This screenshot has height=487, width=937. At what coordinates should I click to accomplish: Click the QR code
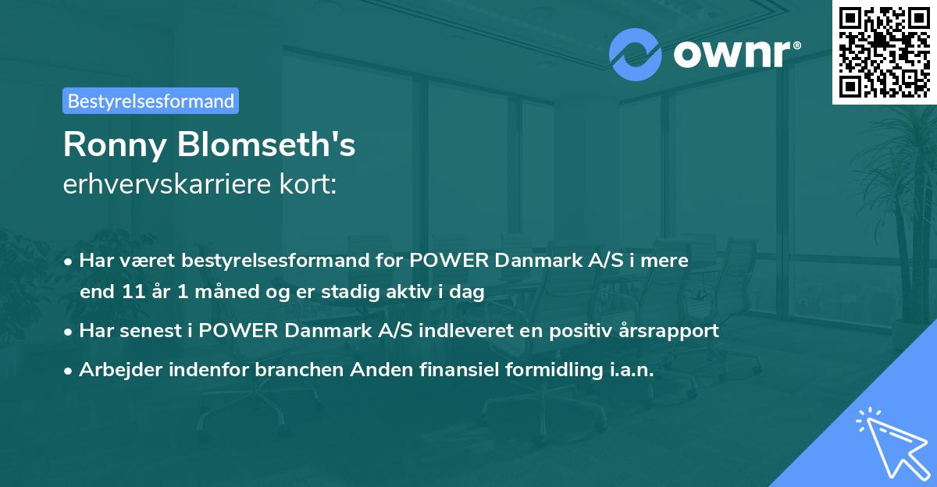point(885,52)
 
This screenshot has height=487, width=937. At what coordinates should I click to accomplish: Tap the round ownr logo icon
point(636,54)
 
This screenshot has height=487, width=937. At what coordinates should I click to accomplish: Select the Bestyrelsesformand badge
point(151,101)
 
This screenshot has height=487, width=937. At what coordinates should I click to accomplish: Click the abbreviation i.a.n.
point(628,370)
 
